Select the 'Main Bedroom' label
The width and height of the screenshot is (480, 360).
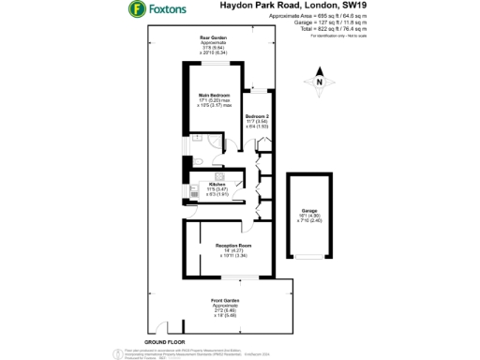tap(215, 96)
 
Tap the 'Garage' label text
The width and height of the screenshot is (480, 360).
tap(309, 210)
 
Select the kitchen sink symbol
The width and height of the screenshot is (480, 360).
tap(193, 181)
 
